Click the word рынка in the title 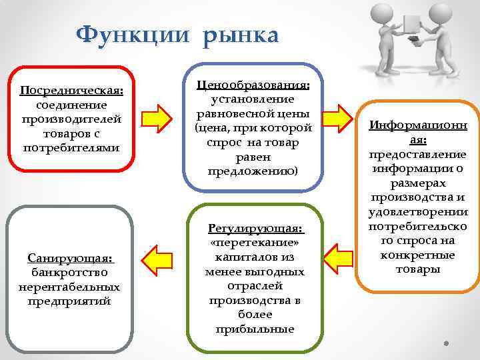pos(237,34)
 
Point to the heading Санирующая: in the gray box pos(70,258)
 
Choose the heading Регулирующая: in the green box pos(256,229)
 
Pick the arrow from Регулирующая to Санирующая pos(160,259)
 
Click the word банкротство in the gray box pos(69,273)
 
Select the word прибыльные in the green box pos(255,329)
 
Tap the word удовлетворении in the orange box pos(417,212)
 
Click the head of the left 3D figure pos(382,13)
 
